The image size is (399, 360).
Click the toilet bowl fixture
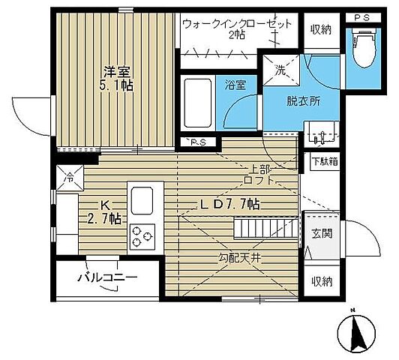tap(363, 48)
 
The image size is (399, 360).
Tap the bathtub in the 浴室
tap(198, 103)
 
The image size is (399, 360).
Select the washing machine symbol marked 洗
tap(281, 70)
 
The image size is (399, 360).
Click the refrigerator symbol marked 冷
tap(70, 178)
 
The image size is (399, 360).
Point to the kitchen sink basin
tap(142, 201)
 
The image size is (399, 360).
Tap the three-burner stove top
tap(142, 236)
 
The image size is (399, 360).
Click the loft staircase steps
tap(266, 227)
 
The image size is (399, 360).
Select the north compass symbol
tap(356, 331)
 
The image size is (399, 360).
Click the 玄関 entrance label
tap(322, 233)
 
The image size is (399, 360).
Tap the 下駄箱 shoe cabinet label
tap(325, 161)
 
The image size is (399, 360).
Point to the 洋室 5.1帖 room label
tap(116, 79)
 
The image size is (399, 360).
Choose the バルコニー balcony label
tap(107, 277)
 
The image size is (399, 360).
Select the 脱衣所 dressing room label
tap(303, 101)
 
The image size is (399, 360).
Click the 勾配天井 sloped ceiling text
tap(239, 259)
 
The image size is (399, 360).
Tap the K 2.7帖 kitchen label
tap(104, 212)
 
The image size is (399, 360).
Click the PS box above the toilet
tap(363, 18)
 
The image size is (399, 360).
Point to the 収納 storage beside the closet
tap(322, 30)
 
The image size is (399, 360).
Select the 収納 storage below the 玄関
tap(322, 281)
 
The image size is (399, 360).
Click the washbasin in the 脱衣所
tap(322, 133)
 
